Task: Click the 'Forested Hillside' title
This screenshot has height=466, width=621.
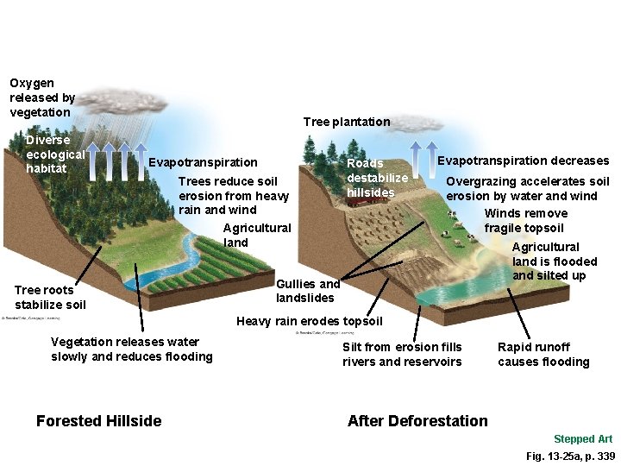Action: tap(98, 421)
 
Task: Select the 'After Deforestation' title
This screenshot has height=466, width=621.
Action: tap(417, 421)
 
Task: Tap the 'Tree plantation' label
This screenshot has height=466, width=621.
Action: tap(347, 123)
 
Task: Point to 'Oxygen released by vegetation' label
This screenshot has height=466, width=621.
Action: tap(42, 98)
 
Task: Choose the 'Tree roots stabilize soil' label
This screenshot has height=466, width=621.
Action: tap(50, 297)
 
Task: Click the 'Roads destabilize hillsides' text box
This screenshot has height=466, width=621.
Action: tap(377, 177)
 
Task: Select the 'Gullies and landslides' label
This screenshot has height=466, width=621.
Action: tap(308, 291)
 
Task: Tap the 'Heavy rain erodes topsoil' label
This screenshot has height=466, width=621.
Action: tap(309, 322)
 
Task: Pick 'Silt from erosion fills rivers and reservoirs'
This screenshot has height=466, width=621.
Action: tap(402, 354)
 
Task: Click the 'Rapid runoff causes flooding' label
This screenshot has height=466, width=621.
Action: tap(543, 354)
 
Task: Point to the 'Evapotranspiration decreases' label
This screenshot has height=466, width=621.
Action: tap(523, 161)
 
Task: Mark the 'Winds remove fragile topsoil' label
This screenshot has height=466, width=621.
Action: tap(525, 221)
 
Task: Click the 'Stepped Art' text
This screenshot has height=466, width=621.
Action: tap(583, 439)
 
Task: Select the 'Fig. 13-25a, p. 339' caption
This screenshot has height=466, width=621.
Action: tap(570, 456)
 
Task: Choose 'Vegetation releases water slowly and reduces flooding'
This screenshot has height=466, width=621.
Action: tap(131, 349)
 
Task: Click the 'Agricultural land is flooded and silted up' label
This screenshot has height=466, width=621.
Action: tap(554, 261)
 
